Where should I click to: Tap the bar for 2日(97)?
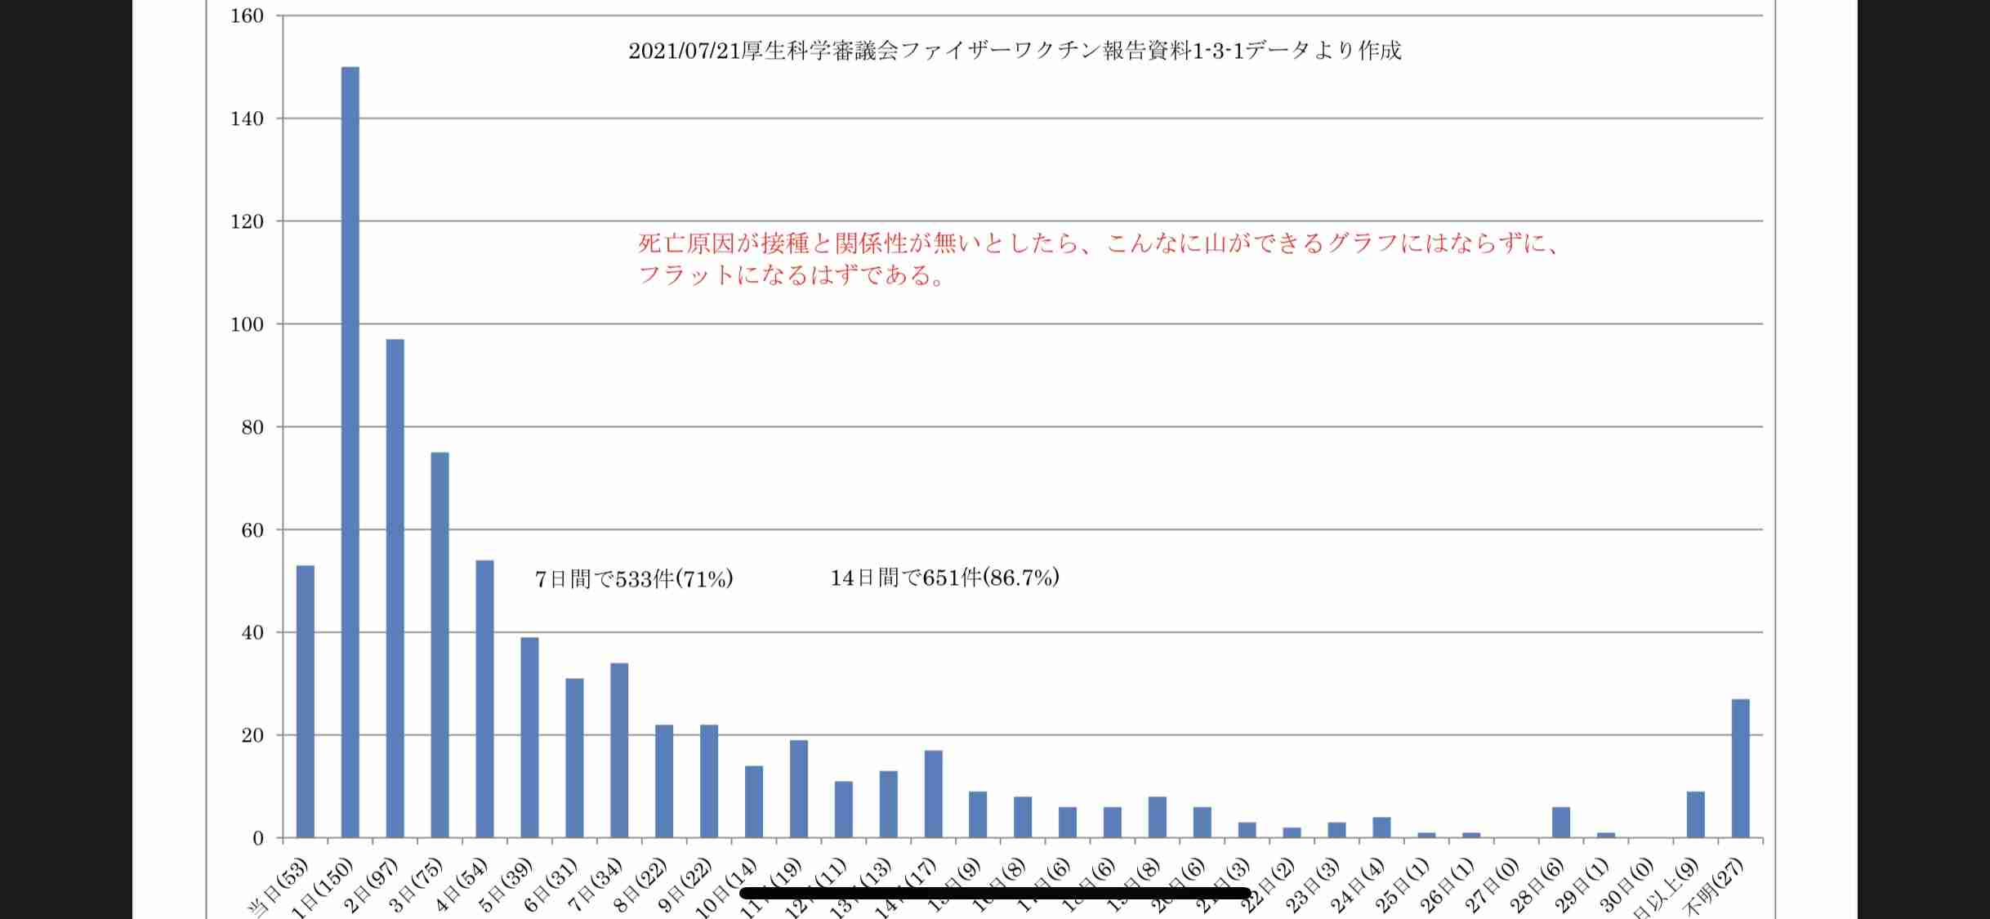click(395, 588)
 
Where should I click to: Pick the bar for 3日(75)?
click(439, 645)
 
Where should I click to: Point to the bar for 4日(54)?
click(484, 698)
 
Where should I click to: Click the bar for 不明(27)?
click(1740, 768)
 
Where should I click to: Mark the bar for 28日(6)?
click(1560, 822)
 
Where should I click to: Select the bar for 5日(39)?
click(529, 737)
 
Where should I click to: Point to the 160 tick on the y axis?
click(248, 16)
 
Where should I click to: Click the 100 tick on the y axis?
click(248, 324)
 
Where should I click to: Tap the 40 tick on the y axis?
click(252, 632)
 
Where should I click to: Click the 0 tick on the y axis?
click(258, 838)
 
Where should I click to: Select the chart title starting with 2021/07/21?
click(1015, 51)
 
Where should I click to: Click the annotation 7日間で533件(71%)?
click(634, 579)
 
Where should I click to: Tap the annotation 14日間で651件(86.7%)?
click(944, 578)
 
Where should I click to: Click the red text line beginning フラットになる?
click(791, 275)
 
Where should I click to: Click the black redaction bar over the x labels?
click(994, 893)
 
